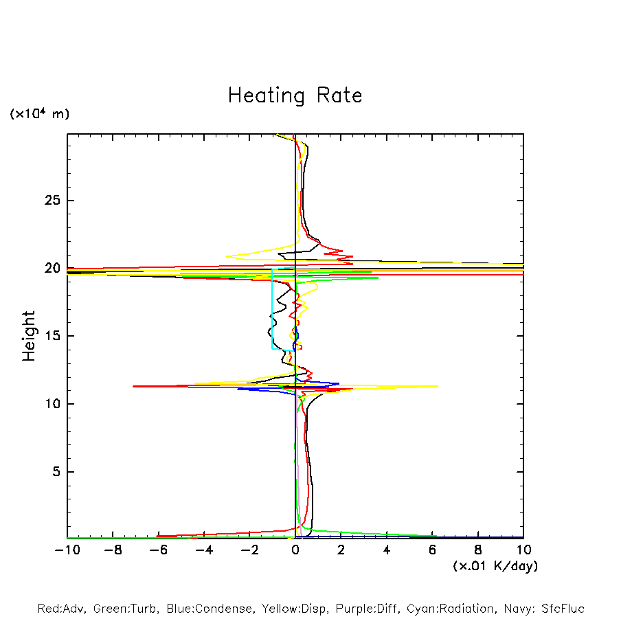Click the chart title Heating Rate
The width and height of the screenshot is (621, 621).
click(295, 95)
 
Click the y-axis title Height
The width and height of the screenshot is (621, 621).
click(29, 336)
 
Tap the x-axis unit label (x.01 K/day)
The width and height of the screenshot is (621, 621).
click(495, 566)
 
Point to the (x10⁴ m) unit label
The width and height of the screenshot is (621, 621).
click(39, 114)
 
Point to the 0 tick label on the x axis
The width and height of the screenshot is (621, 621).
click(295, 550)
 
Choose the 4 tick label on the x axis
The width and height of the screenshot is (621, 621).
click(387, 550)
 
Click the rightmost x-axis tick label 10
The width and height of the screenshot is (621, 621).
click(523, 550)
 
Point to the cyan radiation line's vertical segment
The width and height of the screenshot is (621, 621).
click(272, 309)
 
